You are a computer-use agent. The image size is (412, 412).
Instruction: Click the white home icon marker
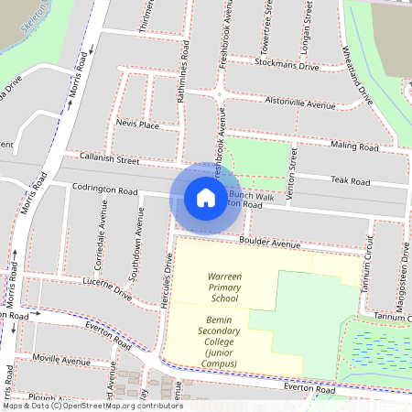[206, 197]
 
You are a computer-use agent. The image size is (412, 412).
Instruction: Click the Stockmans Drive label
[288, 66]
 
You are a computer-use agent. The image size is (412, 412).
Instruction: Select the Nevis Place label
[137, 124]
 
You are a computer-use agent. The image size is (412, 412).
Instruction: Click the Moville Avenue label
[61, 361]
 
